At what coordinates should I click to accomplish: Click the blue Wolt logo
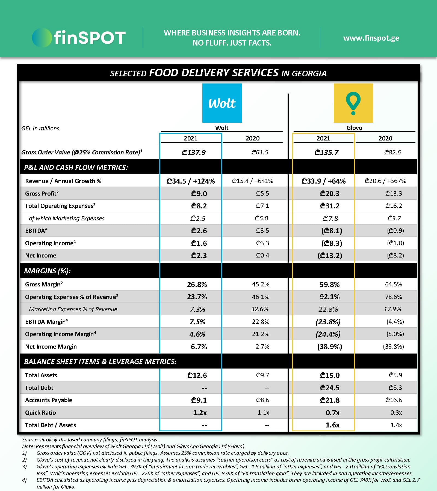point(222,103)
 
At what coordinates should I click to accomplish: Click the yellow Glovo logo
point(353,103)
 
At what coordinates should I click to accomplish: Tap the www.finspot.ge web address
point(371,38)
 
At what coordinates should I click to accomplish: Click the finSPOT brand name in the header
point(89,38)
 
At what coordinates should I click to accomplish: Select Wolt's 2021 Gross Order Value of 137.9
point(194,152)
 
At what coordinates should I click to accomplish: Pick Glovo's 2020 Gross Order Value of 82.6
point(392,152)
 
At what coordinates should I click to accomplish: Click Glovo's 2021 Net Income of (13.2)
point(330,256)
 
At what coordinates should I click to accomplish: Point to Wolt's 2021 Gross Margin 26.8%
point(197,285)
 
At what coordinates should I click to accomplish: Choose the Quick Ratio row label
point(40,412)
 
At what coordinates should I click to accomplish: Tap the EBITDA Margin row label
point(46,322)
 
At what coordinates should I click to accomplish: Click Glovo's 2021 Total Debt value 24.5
point(330,388)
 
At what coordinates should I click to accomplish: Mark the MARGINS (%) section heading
point(47,271)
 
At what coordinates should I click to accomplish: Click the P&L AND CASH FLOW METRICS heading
point(76,167)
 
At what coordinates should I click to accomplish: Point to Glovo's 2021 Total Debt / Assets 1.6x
point(332,425)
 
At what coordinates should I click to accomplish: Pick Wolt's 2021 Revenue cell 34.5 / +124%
point(191,181)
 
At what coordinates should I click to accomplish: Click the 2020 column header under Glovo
point(385,138)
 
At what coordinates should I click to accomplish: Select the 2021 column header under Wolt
point(190,138)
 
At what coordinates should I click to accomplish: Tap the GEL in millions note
point(41,128)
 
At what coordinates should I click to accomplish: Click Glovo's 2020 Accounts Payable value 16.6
point(394,400)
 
